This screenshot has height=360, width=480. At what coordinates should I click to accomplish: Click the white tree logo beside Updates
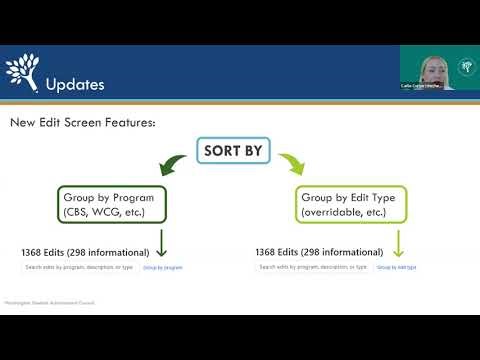click(22, 71)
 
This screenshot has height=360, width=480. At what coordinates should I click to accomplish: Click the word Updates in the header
click(75, 84)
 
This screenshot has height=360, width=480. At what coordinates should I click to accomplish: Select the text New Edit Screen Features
click(83, 122)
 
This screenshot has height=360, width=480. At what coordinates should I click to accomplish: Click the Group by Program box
click(110, 204)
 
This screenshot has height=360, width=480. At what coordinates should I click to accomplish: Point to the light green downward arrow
click(398, 244)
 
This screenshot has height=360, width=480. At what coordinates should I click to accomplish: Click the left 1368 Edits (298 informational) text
click(85, 252)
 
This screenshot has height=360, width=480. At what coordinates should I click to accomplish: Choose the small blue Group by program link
click(162, 268)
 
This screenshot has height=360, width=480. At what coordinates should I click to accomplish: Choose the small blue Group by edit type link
click(397, 268)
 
